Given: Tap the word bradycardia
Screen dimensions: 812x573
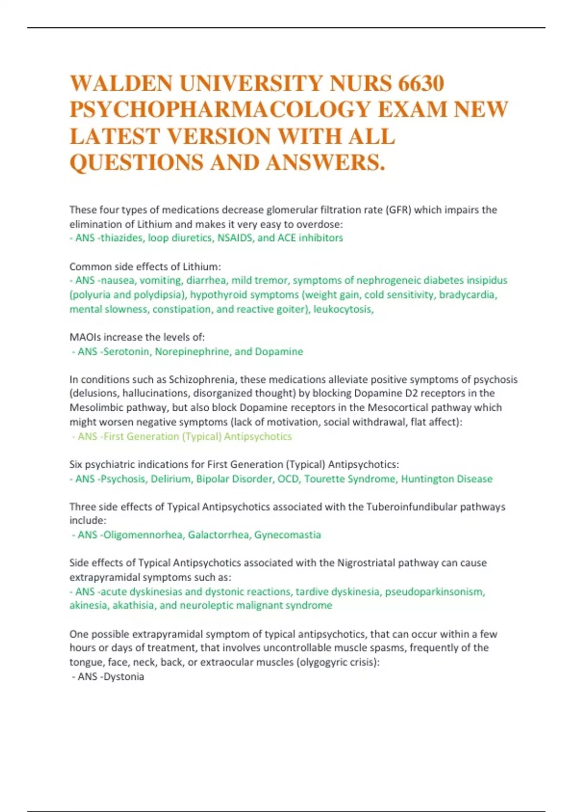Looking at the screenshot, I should coord(467,295).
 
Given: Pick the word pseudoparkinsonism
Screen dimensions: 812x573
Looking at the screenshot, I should coord(435,592).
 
